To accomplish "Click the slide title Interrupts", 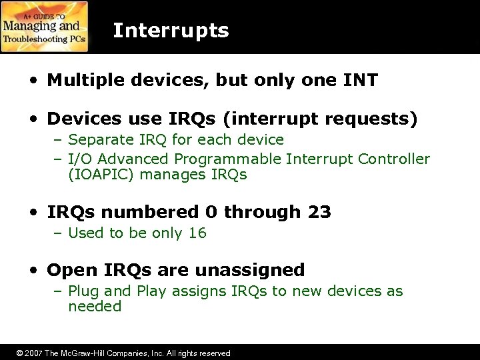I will pos(171,31).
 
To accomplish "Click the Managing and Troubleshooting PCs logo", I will pos(45,27).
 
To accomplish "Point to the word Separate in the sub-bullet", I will pos(100,140).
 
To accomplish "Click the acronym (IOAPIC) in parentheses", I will pos(99,175).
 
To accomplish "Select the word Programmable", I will pos(228,159).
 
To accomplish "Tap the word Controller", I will pos(394,159).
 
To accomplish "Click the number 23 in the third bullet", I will pos(319,213).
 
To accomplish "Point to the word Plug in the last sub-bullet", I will pos(84,291).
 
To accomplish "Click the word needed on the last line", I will pos(95,307).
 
